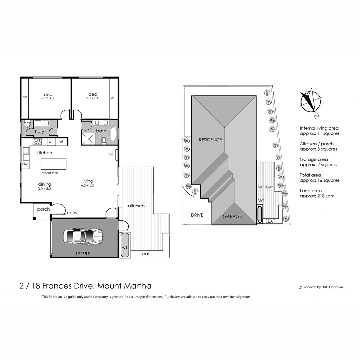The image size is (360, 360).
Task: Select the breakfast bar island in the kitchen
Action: [53, 164]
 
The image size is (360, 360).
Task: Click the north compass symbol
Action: [311, 102]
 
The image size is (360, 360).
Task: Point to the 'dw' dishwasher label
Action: [25, 164]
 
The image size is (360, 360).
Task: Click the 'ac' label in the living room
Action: [111, 154]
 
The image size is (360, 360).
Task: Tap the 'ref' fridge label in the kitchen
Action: [61, 142]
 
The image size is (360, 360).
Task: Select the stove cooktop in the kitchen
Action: [37, 142]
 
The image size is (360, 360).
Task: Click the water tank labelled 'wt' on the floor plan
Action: [125, 245]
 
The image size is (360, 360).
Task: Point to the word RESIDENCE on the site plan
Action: [210, 140]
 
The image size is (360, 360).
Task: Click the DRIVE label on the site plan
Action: [197, 215]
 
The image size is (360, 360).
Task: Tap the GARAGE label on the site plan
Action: [232, 216]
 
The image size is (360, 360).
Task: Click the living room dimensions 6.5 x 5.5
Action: [88, 185]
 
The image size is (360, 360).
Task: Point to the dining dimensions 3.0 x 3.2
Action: [45, 189]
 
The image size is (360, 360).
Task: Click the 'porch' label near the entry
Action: [43, 209]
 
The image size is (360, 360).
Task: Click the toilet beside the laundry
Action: [27, 124]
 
